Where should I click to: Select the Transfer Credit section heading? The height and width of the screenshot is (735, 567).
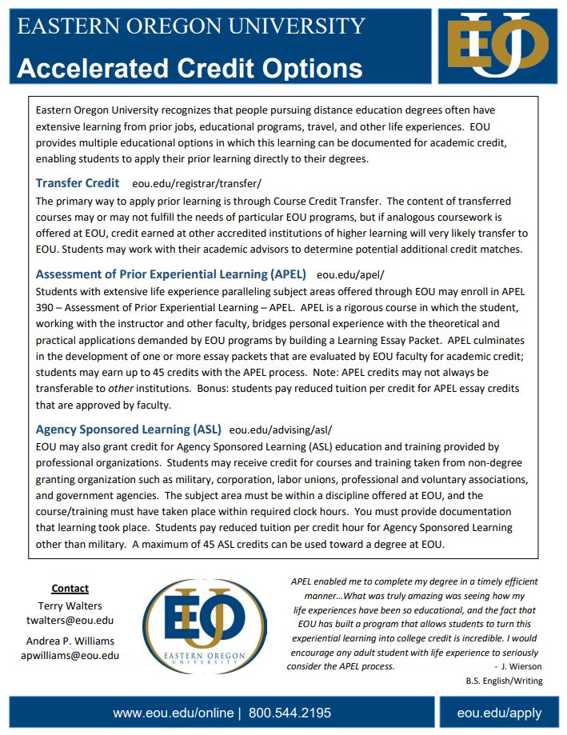[78, 183]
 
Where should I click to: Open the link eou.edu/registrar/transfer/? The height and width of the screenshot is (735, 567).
[197, 184]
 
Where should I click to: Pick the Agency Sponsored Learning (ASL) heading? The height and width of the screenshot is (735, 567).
[128, 429]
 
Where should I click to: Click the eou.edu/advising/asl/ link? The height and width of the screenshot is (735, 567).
[280, 429]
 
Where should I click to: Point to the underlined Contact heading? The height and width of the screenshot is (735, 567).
[70, 589]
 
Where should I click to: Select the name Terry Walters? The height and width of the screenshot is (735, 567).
[70, 605]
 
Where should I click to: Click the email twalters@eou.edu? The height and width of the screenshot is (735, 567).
[70, 620]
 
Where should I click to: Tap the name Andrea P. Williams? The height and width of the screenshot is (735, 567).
[70, 640]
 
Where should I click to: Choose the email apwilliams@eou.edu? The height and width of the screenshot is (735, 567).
[70, 655]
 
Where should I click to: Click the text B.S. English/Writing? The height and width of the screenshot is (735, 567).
[504, 681]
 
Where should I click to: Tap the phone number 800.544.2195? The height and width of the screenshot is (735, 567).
[289, 713]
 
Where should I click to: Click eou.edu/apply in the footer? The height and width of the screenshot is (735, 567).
[499, 713]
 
